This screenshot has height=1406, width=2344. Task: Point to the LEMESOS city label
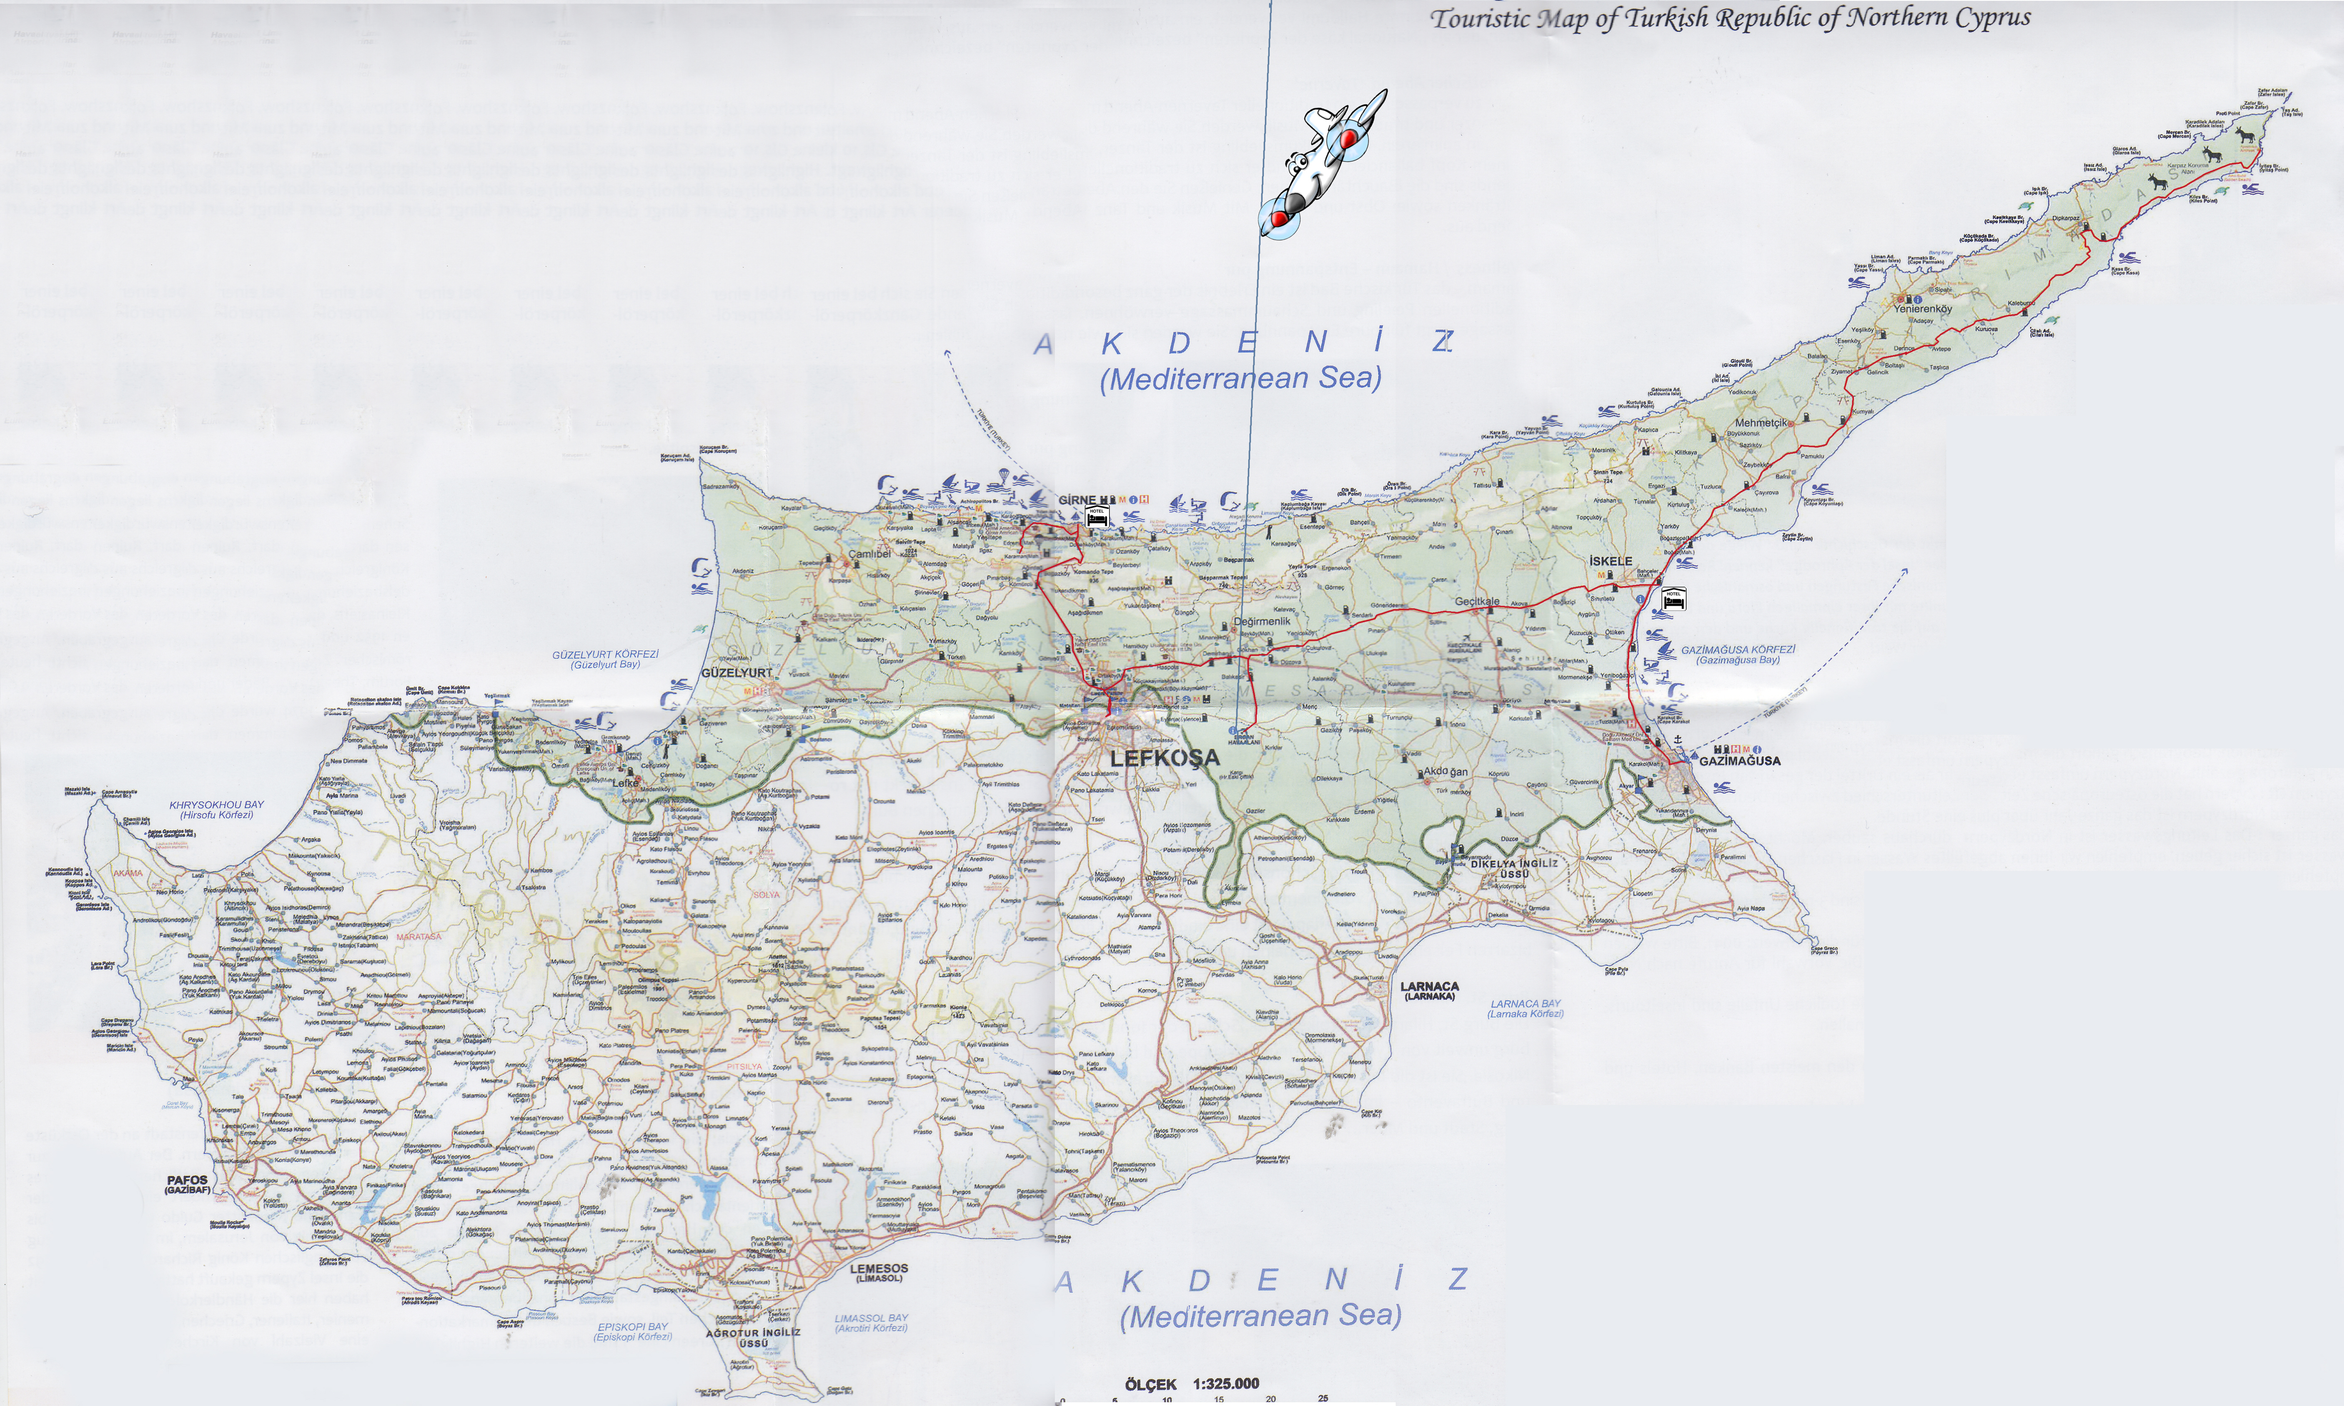pyautogui.click(x=879, y=1269)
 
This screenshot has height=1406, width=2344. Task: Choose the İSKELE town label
pyautogui.click(x=1610, y=561)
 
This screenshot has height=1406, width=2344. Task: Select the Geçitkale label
pyautogui.click(x=1478, y=602)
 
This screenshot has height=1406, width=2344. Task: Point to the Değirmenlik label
pyautogui.click(x=1262, y=622)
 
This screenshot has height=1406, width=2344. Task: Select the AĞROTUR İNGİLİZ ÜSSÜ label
pyautogui.click(x=753, y=1333)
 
